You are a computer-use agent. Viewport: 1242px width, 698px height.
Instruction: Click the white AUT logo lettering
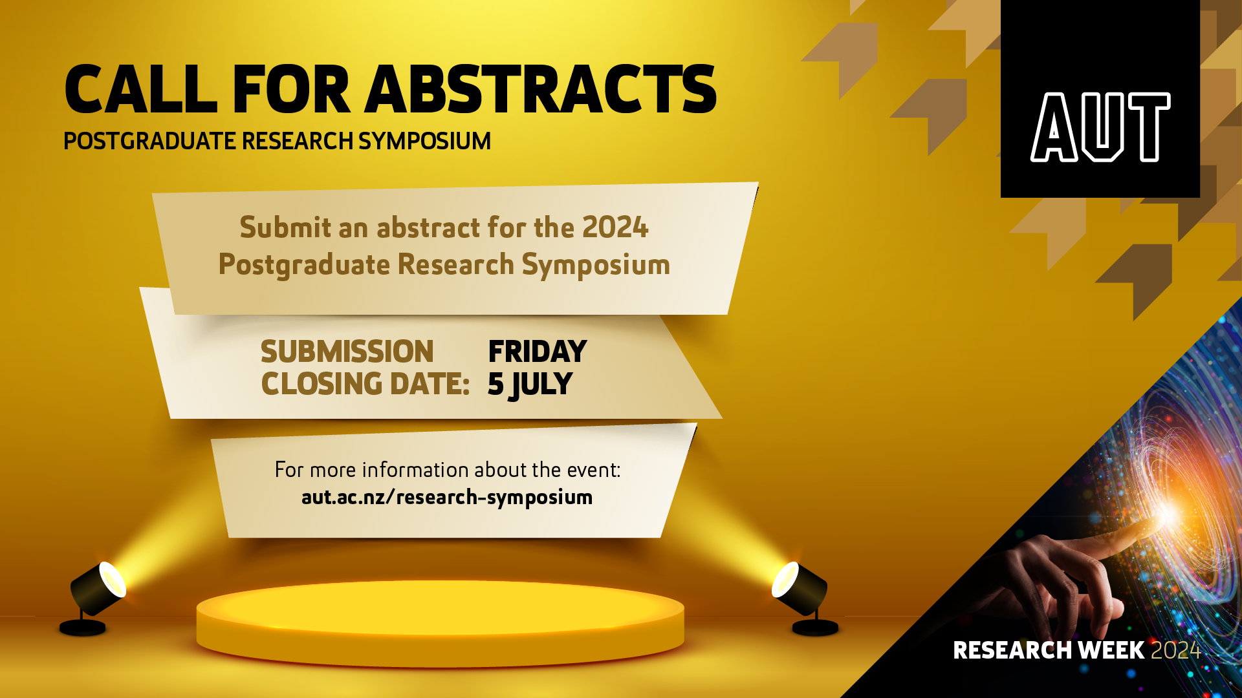(x=1100, y=127)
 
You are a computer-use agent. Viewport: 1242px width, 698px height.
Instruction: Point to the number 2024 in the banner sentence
(x=615, y=227)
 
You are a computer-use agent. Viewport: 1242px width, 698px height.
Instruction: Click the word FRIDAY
(x=537, y=352)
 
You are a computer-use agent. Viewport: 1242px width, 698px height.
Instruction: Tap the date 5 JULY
(x=530, y=385)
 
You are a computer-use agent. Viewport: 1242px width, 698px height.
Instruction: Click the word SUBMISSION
(x=347, y=352)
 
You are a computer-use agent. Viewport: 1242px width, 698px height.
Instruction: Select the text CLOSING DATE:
(x=365, y=385)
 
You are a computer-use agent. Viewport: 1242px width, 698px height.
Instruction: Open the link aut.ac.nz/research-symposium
(x=447, y=497)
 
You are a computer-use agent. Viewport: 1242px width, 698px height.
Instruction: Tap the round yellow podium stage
(x=440, y=620)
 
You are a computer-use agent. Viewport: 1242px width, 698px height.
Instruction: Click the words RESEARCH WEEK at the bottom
(x=1048, y=650)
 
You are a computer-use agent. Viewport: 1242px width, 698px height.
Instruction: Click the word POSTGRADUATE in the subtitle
(x=149, y=141)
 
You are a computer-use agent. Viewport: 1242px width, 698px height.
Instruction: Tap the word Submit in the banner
(x=276, y=227)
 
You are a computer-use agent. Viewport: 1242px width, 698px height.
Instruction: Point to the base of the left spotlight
(x=82, y=628)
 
